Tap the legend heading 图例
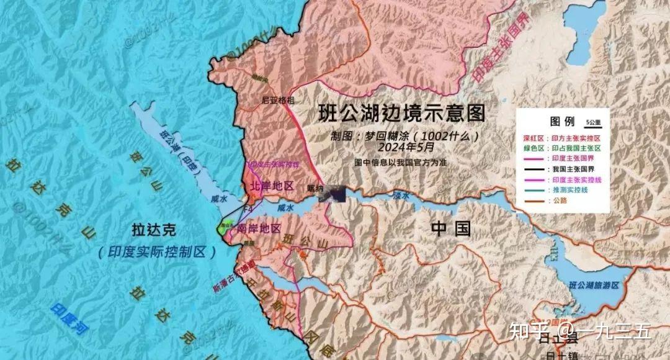[x=562, y=121]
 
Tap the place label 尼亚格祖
[x=278, y=99]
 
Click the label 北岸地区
[x=271, y=186]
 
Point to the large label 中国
[x=451, y=228]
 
